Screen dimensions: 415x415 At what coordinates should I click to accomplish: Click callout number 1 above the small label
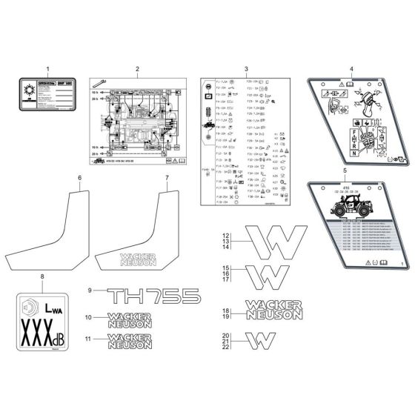tap(48, 69)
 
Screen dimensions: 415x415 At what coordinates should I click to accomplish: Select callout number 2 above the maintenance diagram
tap(137, 69)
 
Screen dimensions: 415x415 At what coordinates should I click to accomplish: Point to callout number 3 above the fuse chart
tap(245, 69)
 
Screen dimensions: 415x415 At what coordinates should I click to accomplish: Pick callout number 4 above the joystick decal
tap(351, 69)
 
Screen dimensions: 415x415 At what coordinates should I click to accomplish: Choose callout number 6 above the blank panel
tap(80, 179)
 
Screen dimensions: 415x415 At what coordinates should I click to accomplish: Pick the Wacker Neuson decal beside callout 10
tap(129, 319)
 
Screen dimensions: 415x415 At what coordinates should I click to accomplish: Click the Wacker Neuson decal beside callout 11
tap(129, 341)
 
